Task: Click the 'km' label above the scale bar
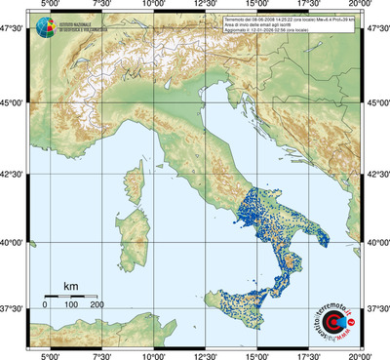(x=70, y=286)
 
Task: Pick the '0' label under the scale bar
(x=45, y=306)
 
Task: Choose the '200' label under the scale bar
(x=97, y=306)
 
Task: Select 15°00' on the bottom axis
(x=257, y=354)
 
